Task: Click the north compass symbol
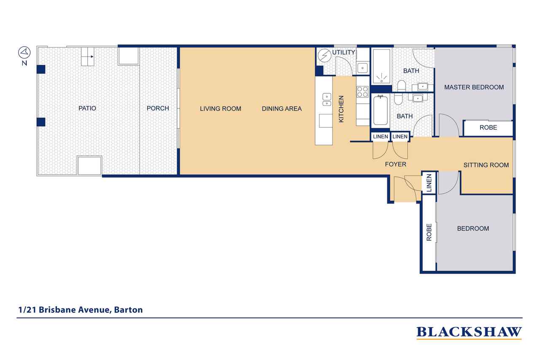click(x=24, y=52)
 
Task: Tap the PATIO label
click(x=87, y=108)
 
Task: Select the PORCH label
click(x=158, y=108)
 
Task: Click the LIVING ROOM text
click(x=221, y=109)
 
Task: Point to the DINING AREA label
click(x=282, y=109)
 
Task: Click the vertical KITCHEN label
click(x=341, y=109)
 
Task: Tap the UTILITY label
click(x=343, y=52)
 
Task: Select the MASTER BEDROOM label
click(x=474, y=87)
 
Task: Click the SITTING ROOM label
click(x=486, y=165)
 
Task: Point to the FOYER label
click(x=396, y=165)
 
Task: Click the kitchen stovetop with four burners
click(x=362, y=92)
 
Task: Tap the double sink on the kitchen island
click(x=327, y=100)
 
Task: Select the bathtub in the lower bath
click(x=381, y=110)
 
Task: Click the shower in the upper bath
click(x=381, y=67)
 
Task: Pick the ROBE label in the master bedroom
click(x=488, y=127)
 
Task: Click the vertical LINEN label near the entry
click(x=429, y=183)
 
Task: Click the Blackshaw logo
click(x=469, y=333)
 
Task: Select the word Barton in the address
click(x=128, y=310)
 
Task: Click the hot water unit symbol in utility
click(x=324, y=56)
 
